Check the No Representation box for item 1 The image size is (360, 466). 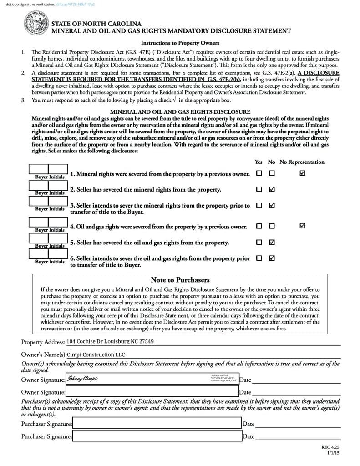click(303, 173)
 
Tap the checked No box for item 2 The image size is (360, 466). click(272, 189)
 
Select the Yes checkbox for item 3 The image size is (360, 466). click(259, 205)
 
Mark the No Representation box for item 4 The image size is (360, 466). click(303, 226)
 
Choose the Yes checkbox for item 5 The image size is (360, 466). click(259, 242)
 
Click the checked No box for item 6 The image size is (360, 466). click(272, 258)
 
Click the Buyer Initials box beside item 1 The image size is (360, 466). click(48, 170)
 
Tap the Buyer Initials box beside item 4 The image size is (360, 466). click(48, 223)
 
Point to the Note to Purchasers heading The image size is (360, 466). click(180, 280)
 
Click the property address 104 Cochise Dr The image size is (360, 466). click(110, 341)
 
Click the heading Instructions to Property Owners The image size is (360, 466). click(180, 43)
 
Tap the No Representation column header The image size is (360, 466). click(302, 162)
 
